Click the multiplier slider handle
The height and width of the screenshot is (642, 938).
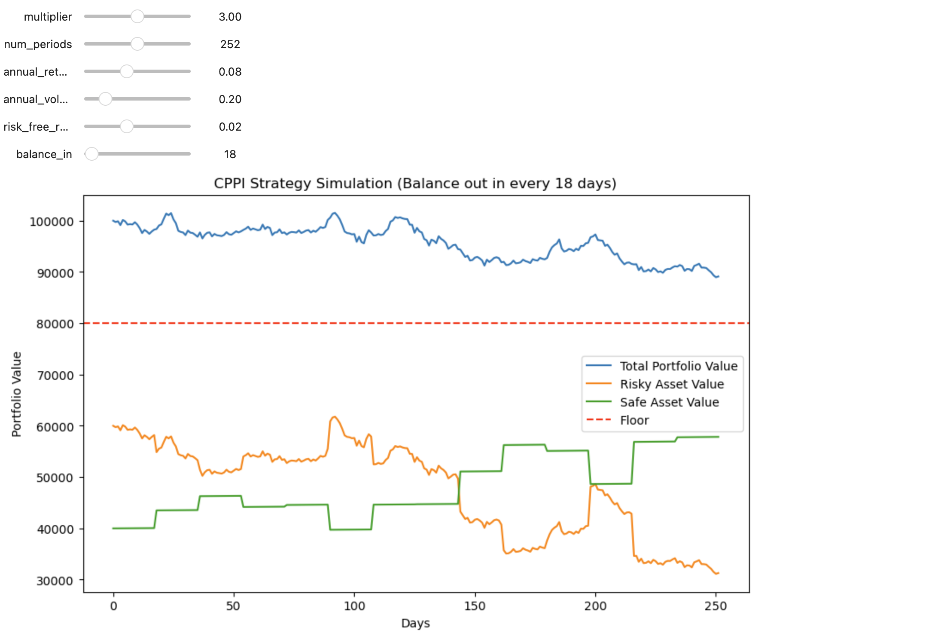tap(137, 17)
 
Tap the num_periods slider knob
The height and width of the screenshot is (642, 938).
tap(137, 44)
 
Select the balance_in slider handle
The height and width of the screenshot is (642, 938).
tap(91, 154)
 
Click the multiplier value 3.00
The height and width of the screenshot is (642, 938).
tap(230, 17)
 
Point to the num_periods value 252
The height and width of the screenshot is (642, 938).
tap(230, 44)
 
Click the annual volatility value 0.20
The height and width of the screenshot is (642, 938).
tap(230, 99)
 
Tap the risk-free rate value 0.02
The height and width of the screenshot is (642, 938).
tap(230, 127)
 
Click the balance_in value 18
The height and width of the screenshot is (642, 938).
tap(230, 154)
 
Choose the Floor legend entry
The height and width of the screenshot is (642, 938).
tap(634, 420)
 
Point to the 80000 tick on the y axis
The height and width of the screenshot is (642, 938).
tap(55, 324)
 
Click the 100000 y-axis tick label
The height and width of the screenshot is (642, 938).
tap(52, 222)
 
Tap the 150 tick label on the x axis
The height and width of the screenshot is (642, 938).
tap(475, 606)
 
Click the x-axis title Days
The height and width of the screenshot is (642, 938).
tap(415, 623)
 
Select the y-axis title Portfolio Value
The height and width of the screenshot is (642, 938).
tap(16, 394)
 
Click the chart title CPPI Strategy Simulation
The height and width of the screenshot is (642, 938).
tap(415, 183)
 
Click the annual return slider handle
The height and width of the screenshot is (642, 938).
tap(127, 72)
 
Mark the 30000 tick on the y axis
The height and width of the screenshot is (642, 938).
tap(55, 581)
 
